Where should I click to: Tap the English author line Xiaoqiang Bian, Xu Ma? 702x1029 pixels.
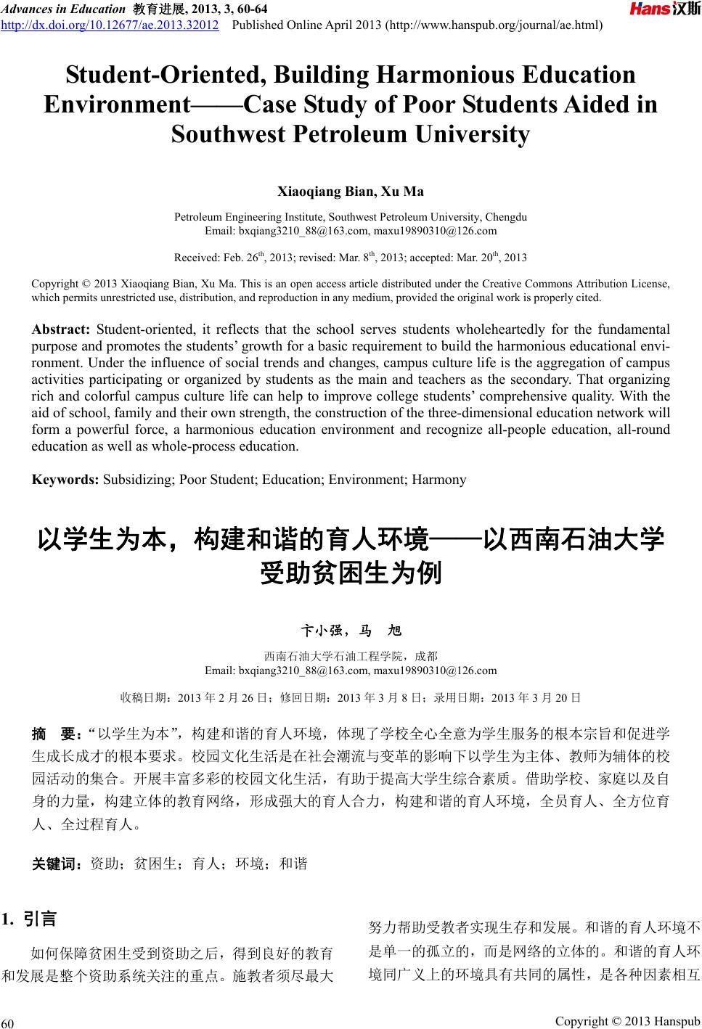point(351,192)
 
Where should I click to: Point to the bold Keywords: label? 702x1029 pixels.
point(65,479)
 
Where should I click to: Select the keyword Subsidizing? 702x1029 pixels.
point(138,479)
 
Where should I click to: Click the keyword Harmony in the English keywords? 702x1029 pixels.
point(438,479)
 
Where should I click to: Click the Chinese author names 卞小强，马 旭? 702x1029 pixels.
point(351,630)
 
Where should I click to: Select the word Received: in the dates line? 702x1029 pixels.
point(197,258)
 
